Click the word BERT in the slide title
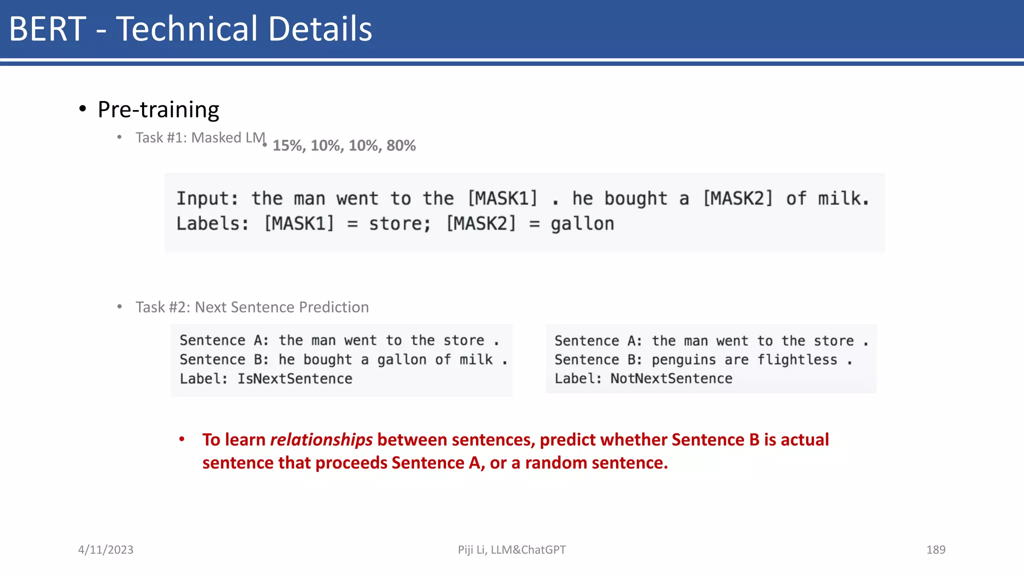coord(47,29)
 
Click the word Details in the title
coord(320,29)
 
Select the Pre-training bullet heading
coord(158,109)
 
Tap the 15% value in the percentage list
coord(288,145)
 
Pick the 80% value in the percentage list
coord(401,145)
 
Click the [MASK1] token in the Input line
coord(502,198)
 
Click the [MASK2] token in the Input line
coord(737,198)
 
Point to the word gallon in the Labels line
coord(582,223)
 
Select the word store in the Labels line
coord(399,223)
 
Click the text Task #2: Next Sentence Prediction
coord(252,307)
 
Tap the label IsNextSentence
coord(294,378)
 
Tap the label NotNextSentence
coord(671,378)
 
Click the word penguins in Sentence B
coord(683,359)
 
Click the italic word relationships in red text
coord(321,439)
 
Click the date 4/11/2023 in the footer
coord(105,549)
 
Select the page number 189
coord(935,549)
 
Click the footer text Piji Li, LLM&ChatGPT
coord(511,549)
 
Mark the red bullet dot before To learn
coord(182,439)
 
